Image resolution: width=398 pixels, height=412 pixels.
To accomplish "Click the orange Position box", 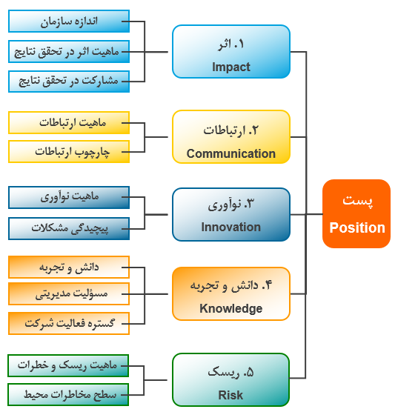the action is click(356, 213).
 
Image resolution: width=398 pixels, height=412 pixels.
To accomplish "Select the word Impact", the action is click(231, 67).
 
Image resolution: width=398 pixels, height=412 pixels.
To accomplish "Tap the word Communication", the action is click(231, 153).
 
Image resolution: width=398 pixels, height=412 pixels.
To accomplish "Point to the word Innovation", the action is click(231, 227).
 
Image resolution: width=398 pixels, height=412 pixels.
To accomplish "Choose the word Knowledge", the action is click(231, 308).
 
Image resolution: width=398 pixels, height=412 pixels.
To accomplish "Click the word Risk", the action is click(230, 395).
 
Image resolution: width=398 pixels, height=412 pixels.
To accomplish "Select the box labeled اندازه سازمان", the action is click(69, 21).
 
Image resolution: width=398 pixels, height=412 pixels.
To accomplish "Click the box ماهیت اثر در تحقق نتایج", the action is click(69, 52).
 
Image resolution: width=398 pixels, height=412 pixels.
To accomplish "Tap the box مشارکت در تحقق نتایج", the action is click(69, 82).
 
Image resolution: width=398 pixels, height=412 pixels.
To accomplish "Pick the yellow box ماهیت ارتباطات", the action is click(69, 123).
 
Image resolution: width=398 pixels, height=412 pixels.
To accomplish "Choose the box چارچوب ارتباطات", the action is click(69, 152).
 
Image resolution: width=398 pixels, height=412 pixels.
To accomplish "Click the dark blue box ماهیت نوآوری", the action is click(69, 198).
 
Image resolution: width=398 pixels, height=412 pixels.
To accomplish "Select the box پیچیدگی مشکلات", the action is click(69, 228).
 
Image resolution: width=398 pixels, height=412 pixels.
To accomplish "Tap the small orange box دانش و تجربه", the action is click(69, 268).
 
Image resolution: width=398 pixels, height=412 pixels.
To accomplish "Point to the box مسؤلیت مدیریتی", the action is click(69, 293).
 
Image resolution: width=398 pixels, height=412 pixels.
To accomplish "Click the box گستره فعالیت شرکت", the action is click(69, 324).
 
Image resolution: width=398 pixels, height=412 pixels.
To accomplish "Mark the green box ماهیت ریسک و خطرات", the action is click(68, 366).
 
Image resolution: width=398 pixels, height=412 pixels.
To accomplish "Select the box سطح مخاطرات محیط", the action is click(68, 395).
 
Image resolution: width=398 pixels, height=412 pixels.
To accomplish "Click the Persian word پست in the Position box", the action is click(357, 201).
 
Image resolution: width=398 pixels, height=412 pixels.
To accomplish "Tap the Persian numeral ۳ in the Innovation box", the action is click(250, 204).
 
